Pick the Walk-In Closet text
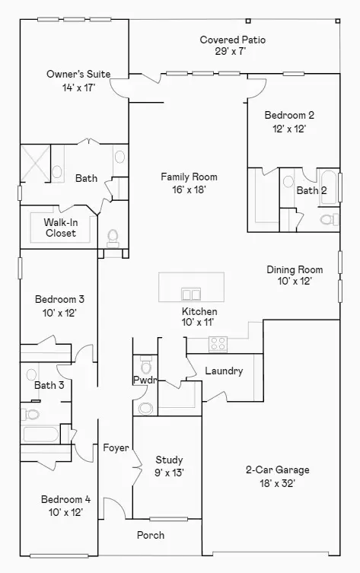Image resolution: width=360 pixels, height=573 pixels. pyautogui.click(x=60, y=228)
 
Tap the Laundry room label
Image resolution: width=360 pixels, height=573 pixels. pyautogui.click(x=224, y=371)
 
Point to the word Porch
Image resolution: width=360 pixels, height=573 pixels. pyautogui.click(x=150, y=535)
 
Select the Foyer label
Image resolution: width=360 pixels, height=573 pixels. pyautogui.click(x=116, y=448)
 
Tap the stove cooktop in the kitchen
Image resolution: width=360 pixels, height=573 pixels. pyautogui.click(x=218, y=344)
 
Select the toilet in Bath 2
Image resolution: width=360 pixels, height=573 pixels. pyautogui.click(x=328, y=219)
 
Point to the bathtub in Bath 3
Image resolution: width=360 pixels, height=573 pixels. pyautogui.click(x=40, y=435)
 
